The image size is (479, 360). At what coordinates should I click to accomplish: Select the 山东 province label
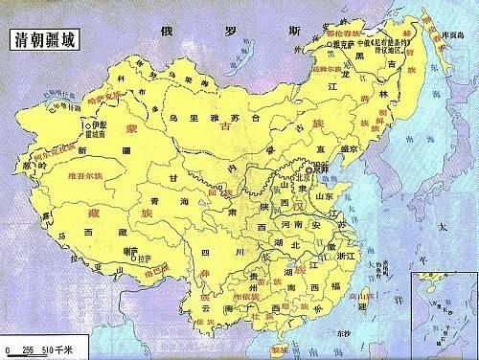[x=324, y=195]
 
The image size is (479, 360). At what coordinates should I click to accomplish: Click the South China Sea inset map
[x=444, y=310]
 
